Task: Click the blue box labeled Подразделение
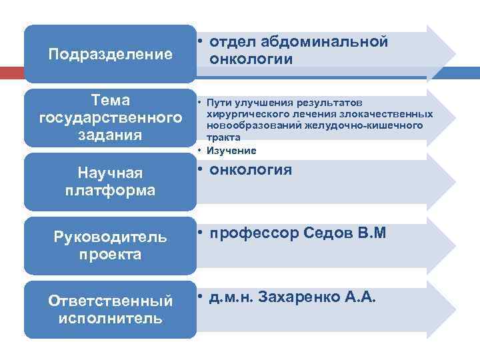[110, 53]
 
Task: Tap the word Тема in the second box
[111, 101]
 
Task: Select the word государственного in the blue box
[111, 118]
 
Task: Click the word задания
[111, 135]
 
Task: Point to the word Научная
[111, 173]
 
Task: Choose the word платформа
[111, 190]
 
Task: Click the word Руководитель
[111, 238]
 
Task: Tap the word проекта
[111, 255]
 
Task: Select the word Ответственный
[111, 301]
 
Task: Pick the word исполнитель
[111, 318]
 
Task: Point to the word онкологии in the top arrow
[251, 59]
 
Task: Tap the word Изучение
[231, 151]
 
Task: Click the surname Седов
[329, 233]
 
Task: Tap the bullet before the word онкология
[200, 170]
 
